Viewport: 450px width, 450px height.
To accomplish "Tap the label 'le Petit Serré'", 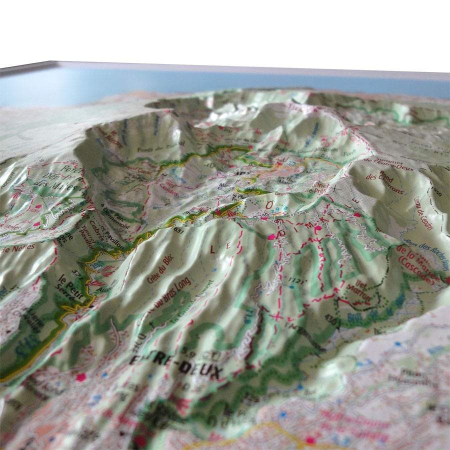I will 69,284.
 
